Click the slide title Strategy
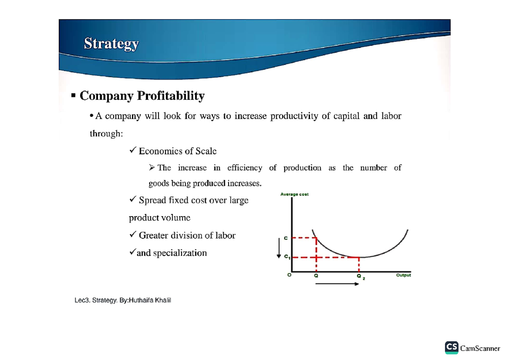tap(111, 44)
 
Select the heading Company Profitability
tap(142, 96)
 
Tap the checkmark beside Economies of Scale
tap(132, 151)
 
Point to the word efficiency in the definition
tap(244, 168)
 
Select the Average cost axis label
tap(294, 194)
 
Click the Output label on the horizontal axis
tap(403, 275)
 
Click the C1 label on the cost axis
tap(286, 257)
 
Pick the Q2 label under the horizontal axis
tap(360, 276)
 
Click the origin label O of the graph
tap(289, 275)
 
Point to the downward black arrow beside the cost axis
tap(279, 248)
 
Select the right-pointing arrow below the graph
tap(338, 284)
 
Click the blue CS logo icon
tap(451, 347)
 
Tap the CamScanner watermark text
tap(480, 348)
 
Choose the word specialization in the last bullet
tap(180, 253)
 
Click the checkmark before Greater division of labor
tap(132, 235)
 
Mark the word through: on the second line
tap(106, 134)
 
